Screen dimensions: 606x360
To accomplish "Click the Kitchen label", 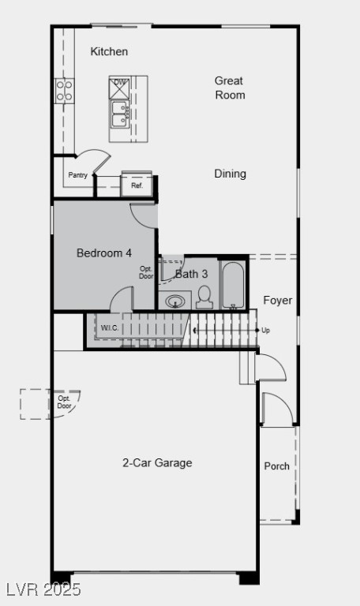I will (109, 52).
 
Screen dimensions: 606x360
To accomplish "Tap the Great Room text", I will (230, 88).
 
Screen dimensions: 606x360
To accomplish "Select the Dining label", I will (230, 174).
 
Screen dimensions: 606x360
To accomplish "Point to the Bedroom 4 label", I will (104, 253).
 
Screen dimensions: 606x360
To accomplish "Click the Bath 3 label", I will (192, 274).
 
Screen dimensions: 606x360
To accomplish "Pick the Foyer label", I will (277, 301).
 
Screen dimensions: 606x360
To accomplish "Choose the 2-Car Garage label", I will (157, 463).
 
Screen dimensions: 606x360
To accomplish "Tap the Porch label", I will (276, 466).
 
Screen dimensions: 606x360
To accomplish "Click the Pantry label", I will (78, 175).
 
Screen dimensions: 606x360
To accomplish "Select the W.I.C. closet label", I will (110, 327).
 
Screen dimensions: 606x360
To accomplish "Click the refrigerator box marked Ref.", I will (137, 185).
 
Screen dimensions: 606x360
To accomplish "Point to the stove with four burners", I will (64, 91).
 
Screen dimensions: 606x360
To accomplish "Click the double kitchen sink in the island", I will (121, 114).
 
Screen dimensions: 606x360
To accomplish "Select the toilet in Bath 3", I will (204, 297).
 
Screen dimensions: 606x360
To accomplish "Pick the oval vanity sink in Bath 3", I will (176, 301).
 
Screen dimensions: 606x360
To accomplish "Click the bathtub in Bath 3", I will (233, 285).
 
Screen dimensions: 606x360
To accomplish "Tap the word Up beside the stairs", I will (265, 330).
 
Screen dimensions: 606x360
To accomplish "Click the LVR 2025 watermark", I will (43, 589).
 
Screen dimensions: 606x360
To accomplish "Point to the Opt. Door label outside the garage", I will (65, 402).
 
